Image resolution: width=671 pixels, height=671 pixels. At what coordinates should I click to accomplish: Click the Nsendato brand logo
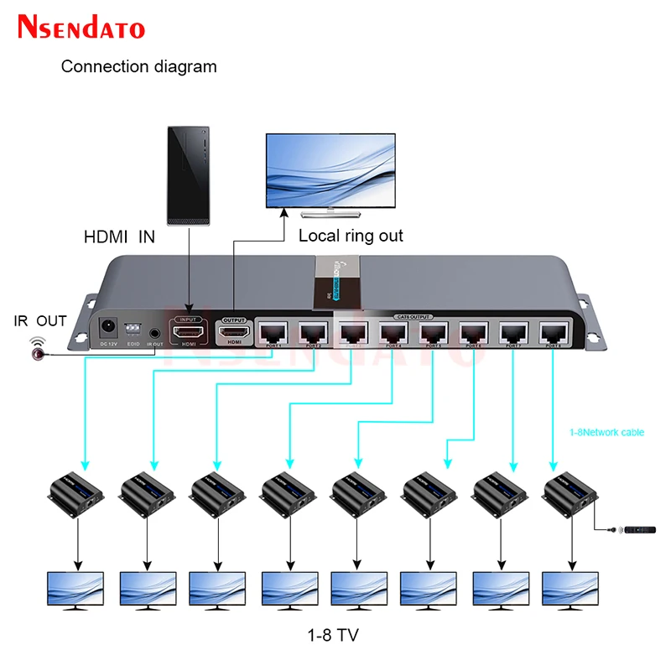pyautogui.click(x=81, y=27)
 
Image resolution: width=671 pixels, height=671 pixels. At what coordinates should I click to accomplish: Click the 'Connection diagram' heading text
pyautogui.click(x=138, y=66)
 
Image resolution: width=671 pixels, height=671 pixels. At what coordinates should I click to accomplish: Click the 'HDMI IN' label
pyautogui.click(x=119, y=237)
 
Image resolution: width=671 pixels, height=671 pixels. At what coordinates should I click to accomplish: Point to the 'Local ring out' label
pyautogui.click(x=351, y=236)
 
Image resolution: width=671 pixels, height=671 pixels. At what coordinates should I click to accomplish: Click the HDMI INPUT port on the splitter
pyautogui.click(x=188, y=332)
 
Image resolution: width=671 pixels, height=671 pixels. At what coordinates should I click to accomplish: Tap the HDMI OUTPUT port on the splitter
pyautogui.click(x=234, y=333)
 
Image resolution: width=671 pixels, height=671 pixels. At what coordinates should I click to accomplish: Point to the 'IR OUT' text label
pyautogui.click(x=39, y=321)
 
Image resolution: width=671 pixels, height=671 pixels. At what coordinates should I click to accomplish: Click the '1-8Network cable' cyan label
pyautogui.click(x=607, y=433)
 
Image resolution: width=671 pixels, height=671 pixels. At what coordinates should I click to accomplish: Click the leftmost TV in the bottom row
pyautogui.click(x=75, y=590)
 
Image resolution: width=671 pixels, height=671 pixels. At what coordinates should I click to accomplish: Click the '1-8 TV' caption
pyautogui.click(x=333, y=635)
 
